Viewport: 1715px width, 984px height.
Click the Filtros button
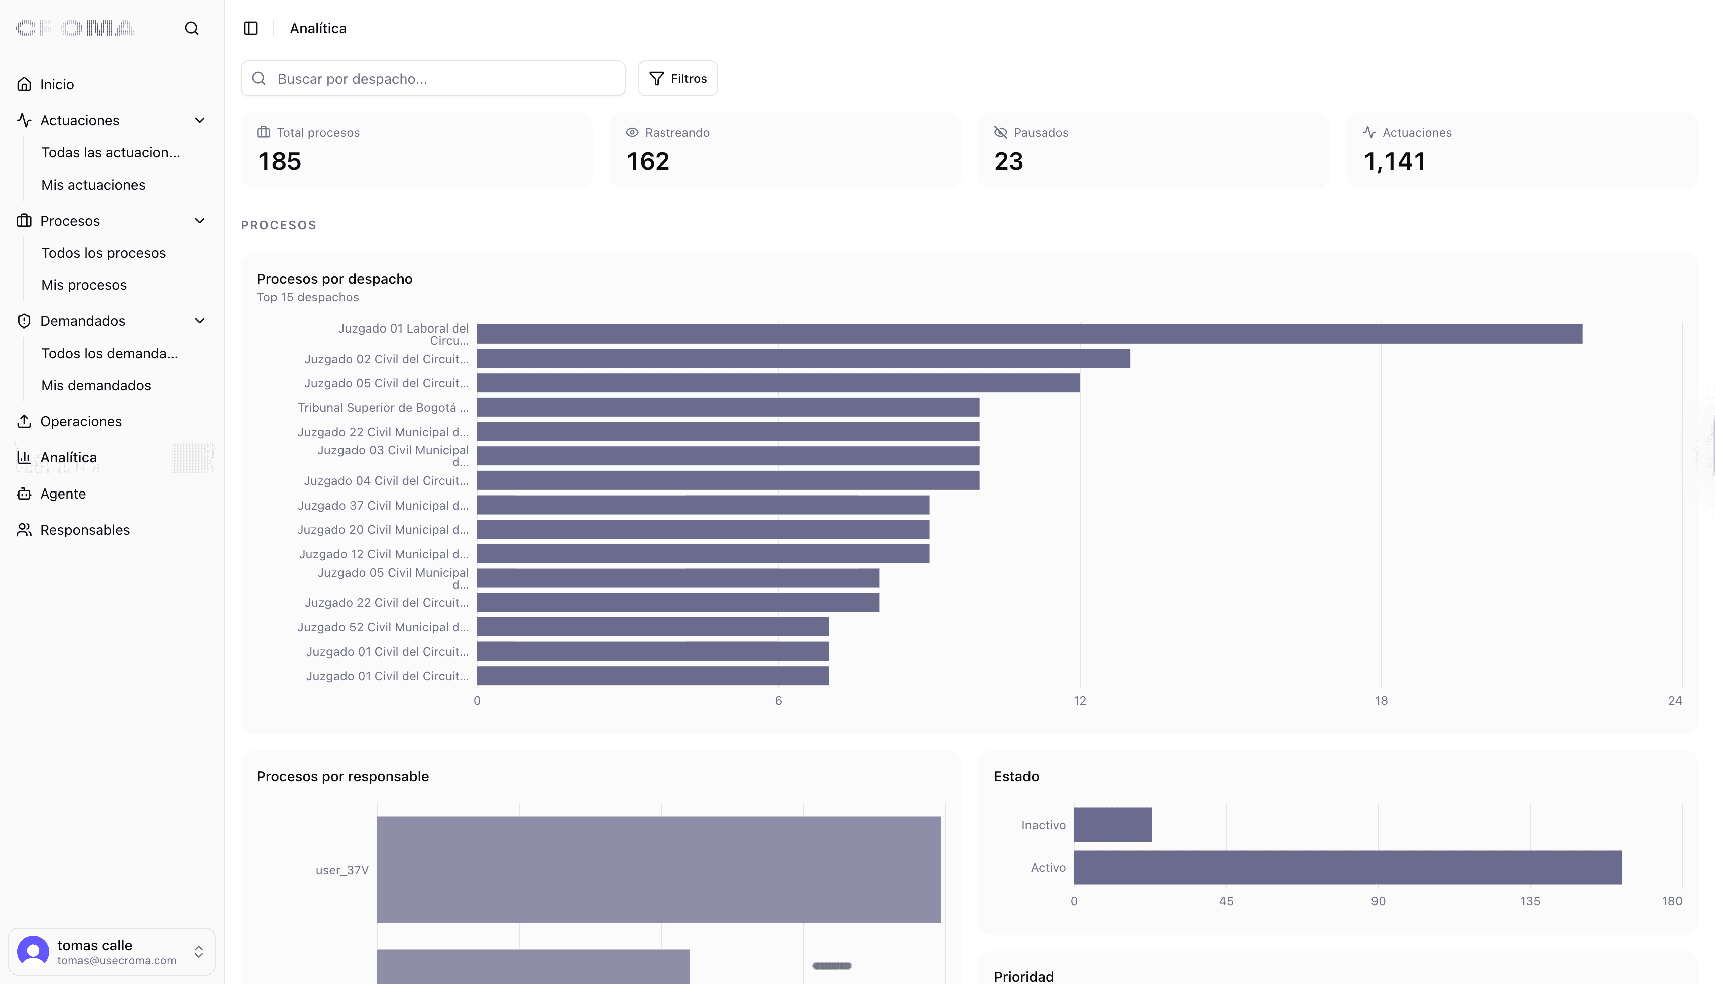(678, 78)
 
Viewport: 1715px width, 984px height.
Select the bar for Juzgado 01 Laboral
(1029, 334)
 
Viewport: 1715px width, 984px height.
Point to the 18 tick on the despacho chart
(1381, 701)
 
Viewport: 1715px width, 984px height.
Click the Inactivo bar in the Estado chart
(1112, 825)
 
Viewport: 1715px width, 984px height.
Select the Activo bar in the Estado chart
(1347, 867)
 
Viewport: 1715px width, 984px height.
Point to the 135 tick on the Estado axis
(1530, 901)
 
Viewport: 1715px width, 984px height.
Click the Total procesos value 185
(280, 161)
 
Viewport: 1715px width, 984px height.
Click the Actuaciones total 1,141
(1395, 161)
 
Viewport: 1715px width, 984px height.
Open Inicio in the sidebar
(57, 84)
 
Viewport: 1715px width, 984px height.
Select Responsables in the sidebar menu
(84, 530)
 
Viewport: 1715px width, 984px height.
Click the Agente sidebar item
(63, 494)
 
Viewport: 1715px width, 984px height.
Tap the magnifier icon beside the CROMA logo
(191, 29)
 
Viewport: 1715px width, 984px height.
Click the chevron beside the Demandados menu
(200, 321)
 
